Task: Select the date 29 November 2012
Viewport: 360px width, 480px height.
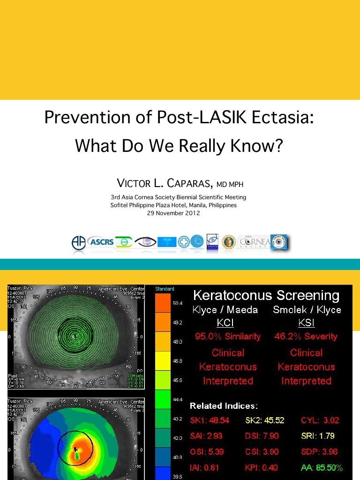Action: tap(173, 213)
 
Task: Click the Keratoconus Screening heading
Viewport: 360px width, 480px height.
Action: tap(266, 295)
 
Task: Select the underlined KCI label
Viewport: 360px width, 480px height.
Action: tap(225, 323)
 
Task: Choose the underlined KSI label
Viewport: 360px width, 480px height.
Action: tap(307, 323)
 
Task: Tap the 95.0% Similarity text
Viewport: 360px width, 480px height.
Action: tap(228, 337)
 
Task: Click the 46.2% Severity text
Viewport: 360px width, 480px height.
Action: tap(307, 337)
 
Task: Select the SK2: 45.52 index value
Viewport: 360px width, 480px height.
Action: tap(264, 420)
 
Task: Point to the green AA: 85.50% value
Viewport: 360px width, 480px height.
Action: tap(322, 467)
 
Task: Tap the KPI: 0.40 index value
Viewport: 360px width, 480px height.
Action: tap(261, 467)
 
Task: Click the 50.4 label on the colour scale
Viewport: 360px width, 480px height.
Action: tap(178, 303)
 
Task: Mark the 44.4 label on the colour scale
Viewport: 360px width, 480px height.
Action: tap(178, 399)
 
